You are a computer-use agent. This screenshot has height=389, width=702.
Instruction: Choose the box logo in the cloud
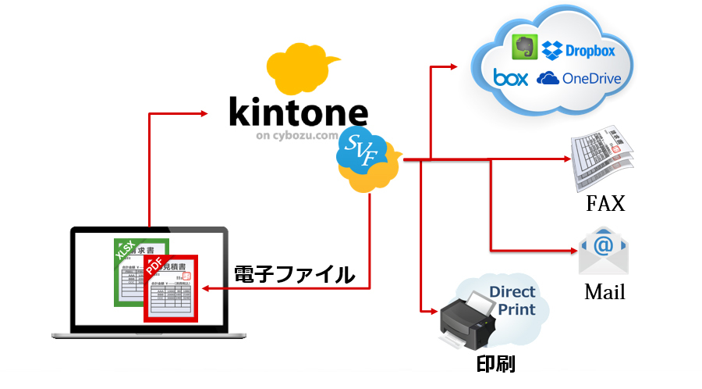[x=511, y=77]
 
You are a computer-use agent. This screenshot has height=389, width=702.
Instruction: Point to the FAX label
[x=605, y=205]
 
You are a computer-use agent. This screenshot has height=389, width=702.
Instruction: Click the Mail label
[x=604, y=293]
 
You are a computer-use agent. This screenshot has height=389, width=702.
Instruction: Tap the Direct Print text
[x=512, y=301]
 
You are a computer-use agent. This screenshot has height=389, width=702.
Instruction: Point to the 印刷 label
[x=495, y=364]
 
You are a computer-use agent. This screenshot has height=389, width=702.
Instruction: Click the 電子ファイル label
[x=295, y=274]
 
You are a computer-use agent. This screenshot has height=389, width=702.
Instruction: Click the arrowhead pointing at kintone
[x=204, y=114]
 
